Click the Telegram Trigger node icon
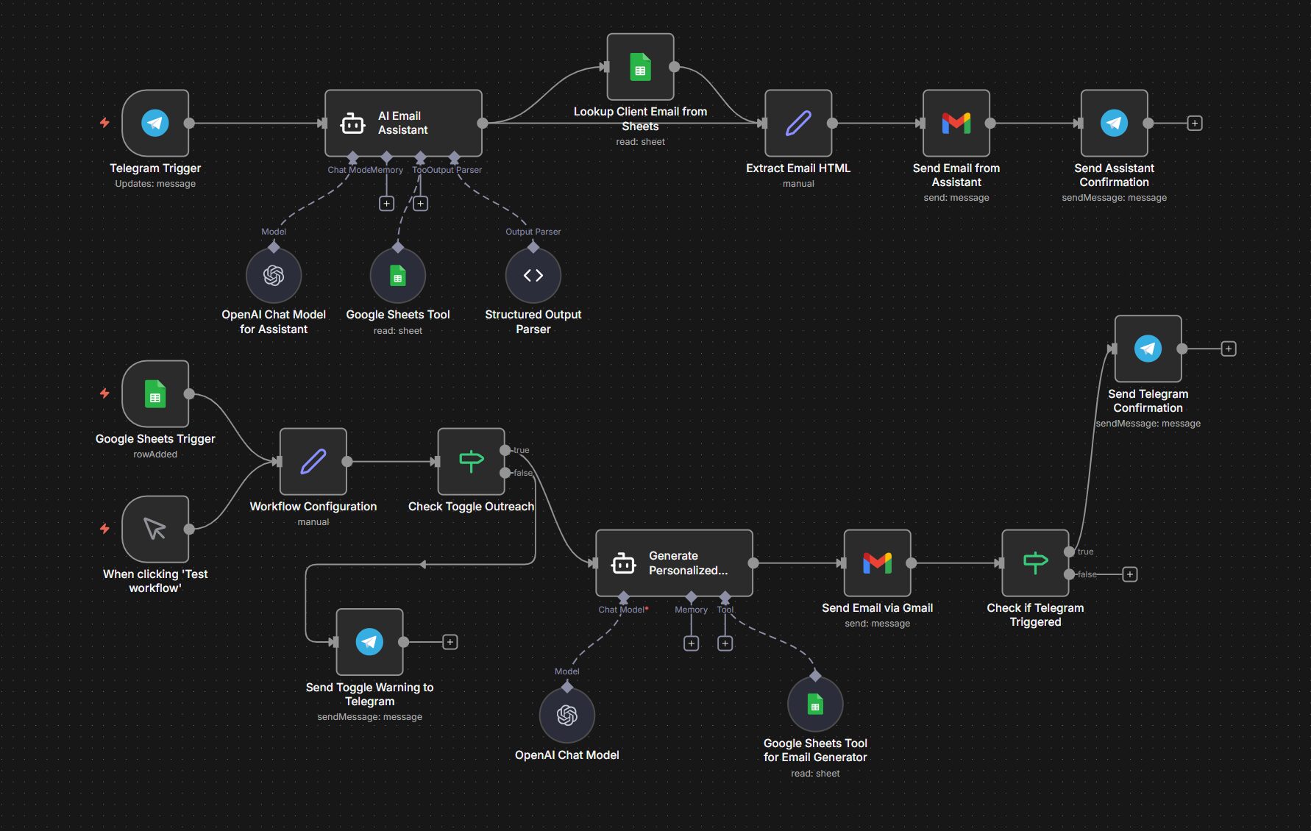(x=155, y=123)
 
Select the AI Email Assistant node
(x=403, y=123)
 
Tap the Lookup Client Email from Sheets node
(x=640, y=67)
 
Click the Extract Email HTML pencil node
(x=798, y=123)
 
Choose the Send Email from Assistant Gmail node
(x=956, y=123)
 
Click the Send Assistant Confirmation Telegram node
(x=1114, y=123)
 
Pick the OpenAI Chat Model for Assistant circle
(x=274, y=276)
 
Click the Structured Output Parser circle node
(x=533, y=276)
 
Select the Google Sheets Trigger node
(x=155, y=394)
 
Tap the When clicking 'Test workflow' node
(x=155, y=529)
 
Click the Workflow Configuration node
(x=313, y=462)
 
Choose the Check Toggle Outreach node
(x=471, y=462)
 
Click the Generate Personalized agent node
(x=674, y=563)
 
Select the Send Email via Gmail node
(x=877, y=563)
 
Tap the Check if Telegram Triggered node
(x=1035, y=563)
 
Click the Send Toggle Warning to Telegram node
(x=369, y=642)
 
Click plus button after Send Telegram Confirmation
(x=1229, y=349)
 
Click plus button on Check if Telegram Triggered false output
(x=1130, y=574)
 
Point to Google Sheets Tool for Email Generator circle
(x=815, y=705)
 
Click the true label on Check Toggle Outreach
(x=522, y=450)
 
